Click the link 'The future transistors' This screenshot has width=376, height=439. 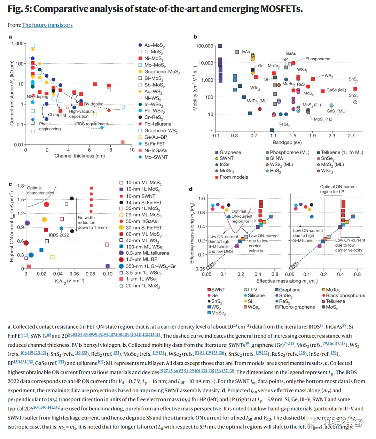tap(47, 25)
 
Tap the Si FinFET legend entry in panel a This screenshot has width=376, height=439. tap(155, 144)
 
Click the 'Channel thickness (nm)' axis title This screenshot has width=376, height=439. tap(79, 156)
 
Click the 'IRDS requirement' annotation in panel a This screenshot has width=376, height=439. tap(92, 124)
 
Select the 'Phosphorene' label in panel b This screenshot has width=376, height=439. tap(318, 59)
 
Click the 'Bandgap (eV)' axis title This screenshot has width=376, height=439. tap(287, 142)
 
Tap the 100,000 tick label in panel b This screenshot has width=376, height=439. tap(204, 46)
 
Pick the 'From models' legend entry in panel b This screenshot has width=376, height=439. tap(234, 177)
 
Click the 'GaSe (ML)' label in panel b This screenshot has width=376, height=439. tap(336, 90)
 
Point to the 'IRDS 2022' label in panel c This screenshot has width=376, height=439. tap(59, 235)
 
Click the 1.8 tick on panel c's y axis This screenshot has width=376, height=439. tap(21, 186)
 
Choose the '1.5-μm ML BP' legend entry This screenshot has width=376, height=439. tap(141, 260)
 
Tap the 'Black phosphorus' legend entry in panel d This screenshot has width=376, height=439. tap(345, 295)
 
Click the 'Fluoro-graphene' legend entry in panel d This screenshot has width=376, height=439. tap(297, 307)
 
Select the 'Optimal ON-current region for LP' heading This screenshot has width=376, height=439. tap(338, 189)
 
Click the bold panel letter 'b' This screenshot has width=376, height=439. tap(195, 37)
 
